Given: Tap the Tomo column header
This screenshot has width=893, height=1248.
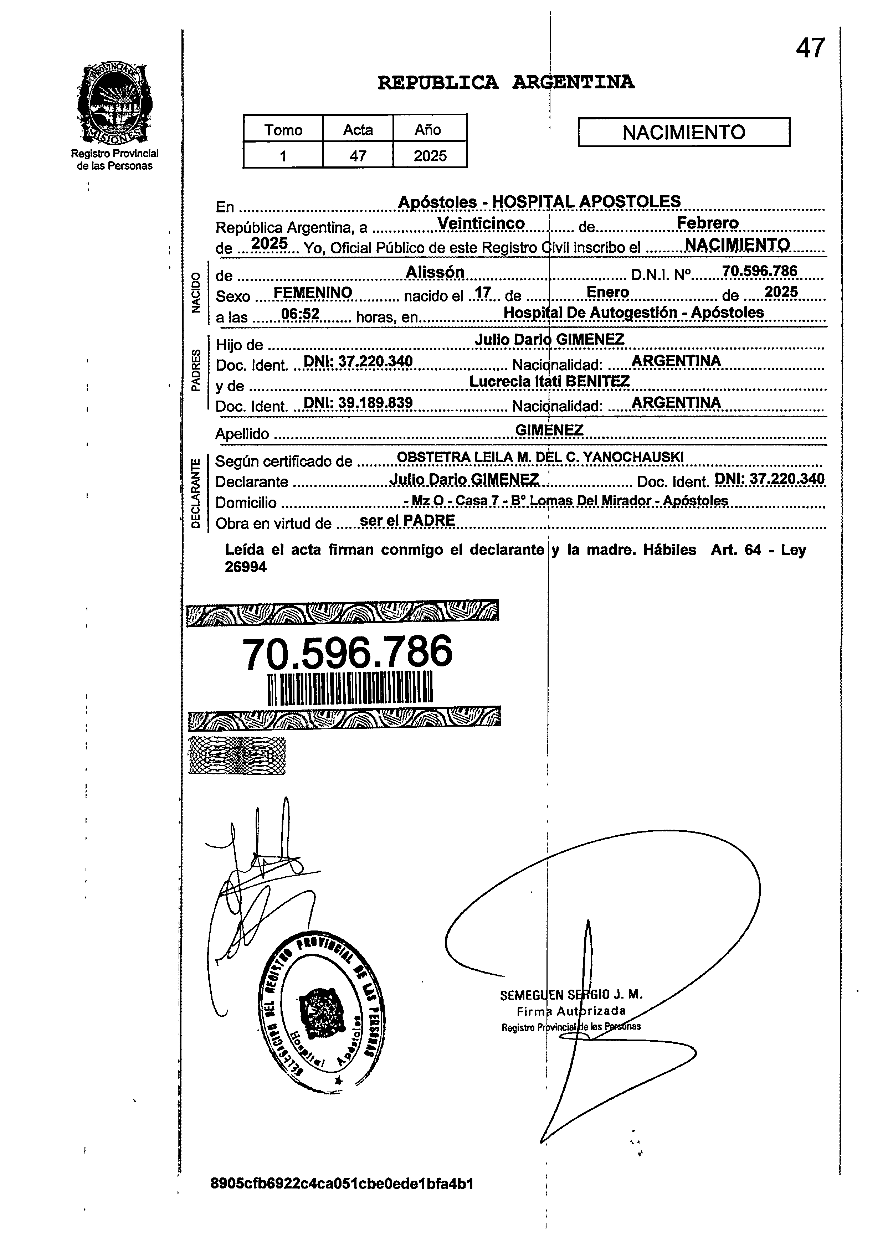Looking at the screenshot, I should click(x=283, y=130).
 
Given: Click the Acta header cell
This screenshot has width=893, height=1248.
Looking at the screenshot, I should click(x=358, y=130).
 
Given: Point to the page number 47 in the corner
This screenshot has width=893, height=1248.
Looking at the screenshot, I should click(x=810, y=48).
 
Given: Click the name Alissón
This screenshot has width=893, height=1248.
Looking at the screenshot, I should click(x=435, y=272).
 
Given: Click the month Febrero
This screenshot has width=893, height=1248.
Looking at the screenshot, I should click(x=707, y=223).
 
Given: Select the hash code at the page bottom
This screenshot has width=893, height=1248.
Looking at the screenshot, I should click(x=342, y=1183).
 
